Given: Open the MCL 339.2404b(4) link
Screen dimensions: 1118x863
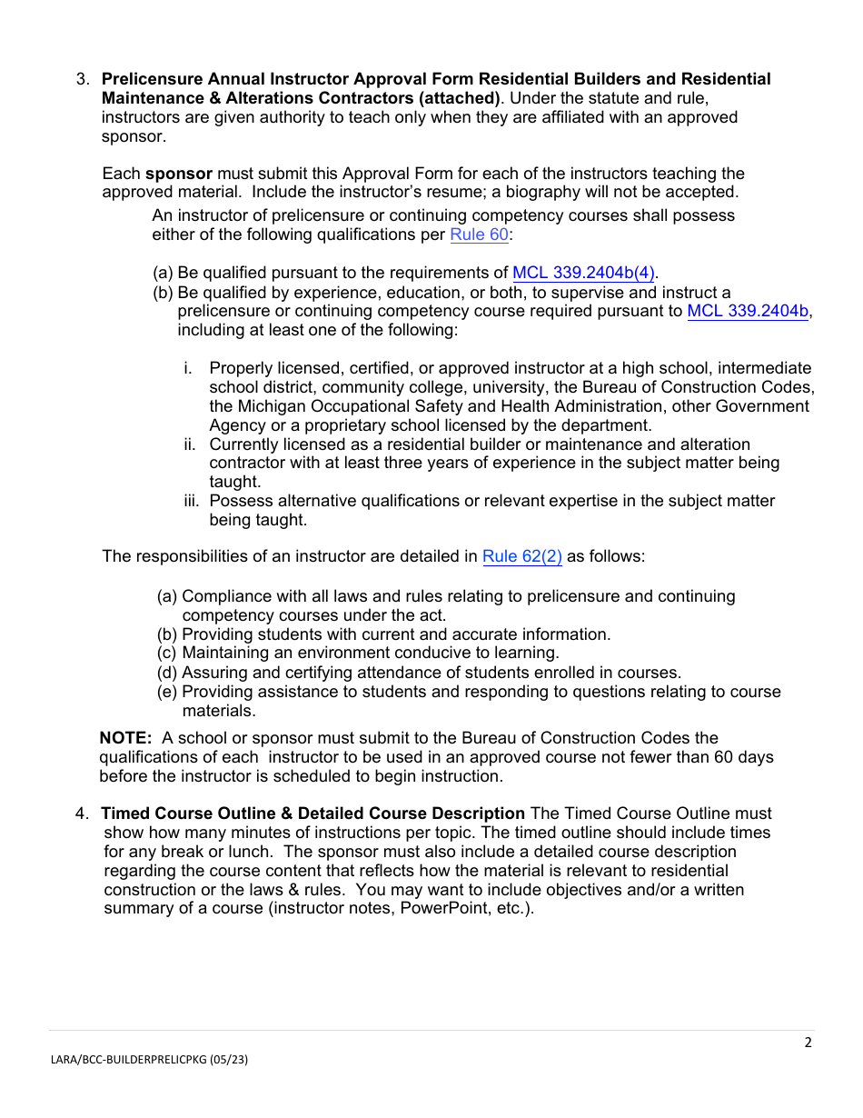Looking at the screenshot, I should (584, 273).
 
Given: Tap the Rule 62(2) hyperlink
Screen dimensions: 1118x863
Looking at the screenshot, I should (521, 557).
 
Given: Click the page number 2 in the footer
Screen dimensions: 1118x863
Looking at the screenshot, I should (808, 1043).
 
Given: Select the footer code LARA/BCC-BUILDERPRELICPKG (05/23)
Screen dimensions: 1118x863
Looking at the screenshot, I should (148, 1060).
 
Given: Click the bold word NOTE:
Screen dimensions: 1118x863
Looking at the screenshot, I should (125, 738).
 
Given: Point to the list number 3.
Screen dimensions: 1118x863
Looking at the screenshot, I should (82, 79).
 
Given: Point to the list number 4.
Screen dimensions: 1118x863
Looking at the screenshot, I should (82, 814).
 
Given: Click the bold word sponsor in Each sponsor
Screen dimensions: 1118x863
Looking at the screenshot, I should (179, 174).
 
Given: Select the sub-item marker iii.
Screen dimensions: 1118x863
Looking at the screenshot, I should (191, 501).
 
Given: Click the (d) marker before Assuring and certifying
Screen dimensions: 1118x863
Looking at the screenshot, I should (167, 673).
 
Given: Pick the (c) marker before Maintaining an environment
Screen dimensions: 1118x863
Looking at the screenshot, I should (167, 653).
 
